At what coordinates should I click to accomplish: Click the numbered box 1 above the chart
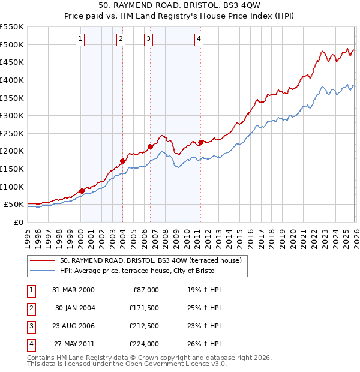(x=80, y=40)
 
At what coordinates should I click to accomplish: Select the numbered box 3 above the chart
(x=148, y=40)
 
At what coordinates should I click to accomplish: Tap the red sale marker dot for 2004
(x=122, y=161)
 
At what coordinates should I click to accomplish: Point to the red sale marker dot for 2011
(x=200, y=142)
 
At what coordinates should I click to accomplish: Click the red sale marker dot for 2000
(x=82, y=191)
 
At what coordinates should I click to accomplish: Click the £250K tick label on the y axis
(x=12, y=133)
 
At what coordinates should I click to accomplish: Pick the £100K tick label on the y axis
(x=12, y=187)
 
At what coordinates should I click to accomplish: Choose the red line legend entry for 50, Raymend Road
(x=150, y=260)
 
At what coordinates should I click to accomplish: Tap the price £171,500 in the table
(x=143, y=308)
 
